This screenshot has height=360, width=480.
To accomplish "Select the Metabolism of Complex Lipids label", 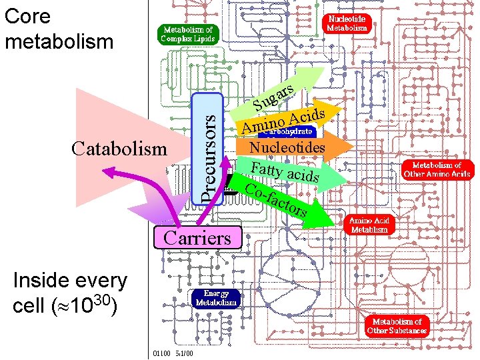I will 187,34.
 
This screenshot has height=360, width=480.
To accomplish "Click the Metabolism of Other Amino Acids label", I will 437,169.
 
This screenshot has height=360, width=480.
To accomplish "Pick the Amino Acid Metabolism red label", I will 369,225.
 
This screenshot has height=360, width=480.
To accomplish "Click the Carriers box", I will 197,237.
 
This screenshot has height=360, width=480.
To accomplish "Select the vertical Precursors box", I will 208,148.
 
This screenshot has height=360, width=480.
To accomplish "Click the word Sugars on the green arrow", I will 273,97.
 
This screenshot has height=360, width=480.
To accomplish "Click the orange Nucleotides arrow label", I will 287,147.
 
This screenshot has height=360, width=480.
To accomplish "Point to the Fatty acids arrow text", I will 285,171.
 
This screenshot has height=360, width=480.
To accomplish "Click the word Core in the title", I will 28,17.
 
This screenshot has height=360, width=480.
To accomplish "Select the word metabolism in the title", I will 59,41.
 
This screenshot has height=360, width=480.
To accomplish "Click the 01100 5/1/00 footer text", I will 173,353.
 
